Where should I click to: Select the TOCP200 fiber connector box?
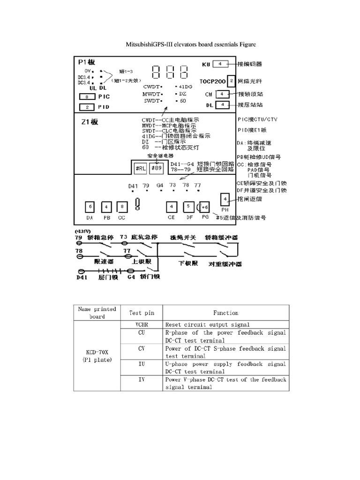tap(231, 81)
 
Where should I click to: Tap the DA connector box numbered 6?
tap(90, 207)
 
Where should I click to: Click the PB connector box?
tap(106, 207)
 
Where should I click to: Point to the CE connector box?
tap(172, 207)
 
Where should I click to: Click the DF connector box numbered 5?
tap(187, 207)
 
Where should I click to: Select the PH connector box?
tap(225, 198)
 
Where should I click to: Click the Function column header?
tap(225, 313)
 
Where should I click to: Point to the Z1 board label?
tap(89, 122)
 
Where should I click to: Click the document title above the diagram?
tap(190, 45)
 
